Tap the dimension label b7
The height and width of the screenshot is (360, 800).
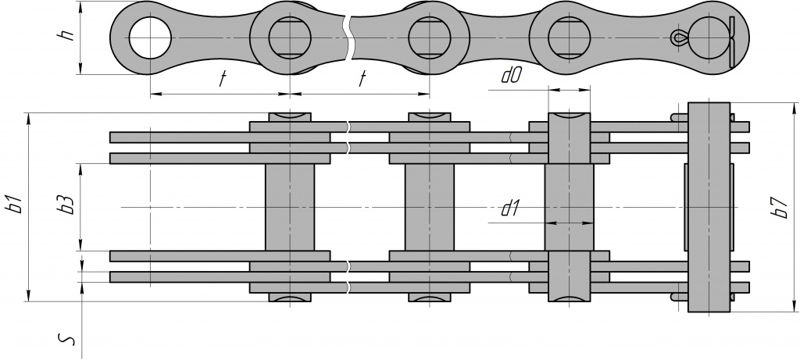click(777, 207)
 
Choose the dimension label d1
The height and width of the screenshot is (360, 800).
click(511, 208)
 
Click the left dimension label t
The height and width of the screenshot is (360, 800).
click(222, 79)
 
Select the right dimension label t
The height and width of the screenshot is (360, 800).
click(362, 79)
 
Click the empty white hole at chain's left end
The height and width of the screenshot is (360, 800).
click(148, 37)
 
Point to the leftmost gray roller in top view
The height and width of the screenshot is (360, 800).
click(290, 207)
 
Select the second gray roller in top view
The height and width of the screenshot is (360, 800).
click(430, 207)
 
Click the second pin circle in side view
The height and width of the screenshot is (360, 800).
click(290, 37)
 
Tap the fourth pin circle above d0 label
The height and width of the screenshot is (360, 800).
click(568, 37)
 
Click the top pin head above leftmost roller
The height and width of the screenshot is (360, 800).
click(290, 117)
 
